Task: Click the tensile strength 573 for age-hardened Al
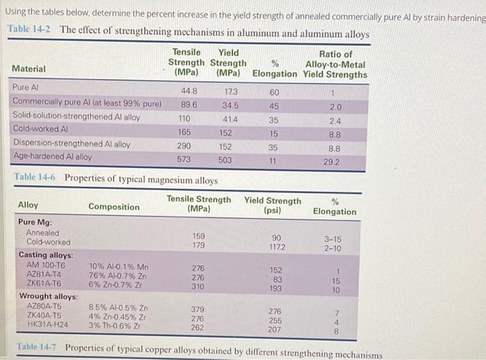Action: (x=184, y=159)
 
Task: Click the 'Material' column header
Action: (x=29, y=69)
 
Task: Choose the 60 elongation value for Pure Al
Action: (x=274, y=92)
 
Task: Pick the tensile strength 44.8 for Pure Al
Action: (x=189, y=90)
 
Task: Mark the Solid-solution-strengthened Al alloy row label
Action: (x=76, y=117)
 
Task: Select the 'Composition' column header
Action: (x=114, y=206)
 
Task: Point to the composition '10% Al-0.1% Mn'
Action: (x=119, y=265)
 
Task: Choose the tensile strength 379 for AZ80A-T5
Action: (x=198, y=309)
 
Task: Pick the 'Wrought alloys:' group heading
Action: (x=48, y=296)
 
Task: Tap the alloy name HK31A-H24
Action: (x=47, y=325)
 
